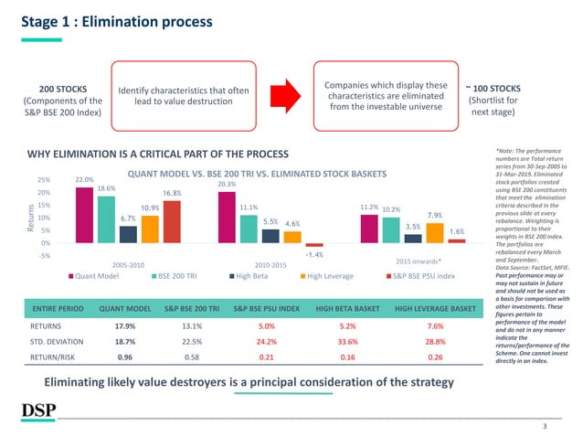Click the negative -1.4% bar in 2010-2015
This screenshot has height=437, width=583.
click(x=314, y=245)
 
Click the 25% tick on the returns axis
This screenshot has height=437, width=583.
click(x=43, y=180)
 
